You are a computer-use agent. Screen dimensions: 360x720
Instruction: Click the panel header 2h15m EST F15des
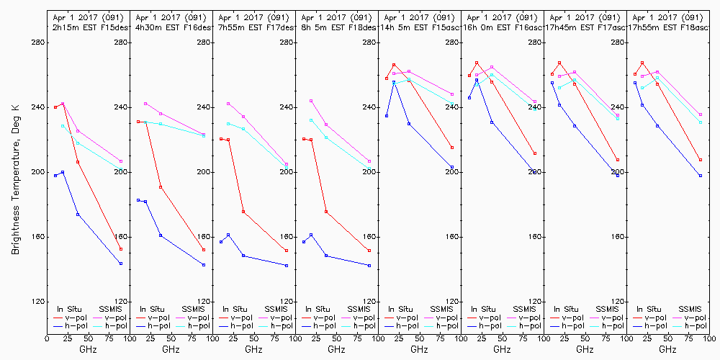[88, 27]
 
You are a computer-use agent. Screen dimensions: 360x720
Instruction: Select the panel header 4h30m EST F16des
[171, 27]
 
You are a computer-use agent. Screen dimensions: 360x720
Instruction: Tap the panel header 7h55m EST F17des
[253, 27]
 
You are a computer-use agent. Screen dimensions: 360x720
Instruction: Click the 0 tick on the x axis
[48, 337]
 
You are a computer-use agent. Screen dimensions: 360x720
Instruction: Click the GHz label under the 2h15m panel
[88, 349]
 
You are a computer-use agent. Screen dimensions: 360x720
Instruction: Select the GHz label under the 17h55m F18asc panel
[667, 349]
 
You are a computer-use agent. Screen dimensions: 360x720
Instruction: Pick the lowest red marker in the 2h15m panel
[121, 249]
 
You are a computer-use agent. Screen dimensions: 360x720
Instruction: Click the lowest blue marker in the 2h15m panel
[121, 264]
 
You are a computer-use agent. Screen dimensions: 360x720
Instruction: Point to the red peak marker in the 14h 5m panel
[394, 64]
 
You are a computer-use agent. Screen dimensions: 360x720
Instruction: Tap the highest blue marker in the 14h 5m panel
[394, 82]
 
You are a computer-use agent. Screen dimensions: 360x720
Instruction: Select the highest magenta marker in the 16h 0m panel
[492, 67]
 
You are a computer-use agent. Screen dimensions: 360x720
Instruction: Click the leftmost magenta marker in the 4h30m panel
[145, 104]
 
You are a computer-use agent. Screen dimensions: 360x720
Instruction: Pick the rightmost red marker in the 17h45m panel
[618, 160]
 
